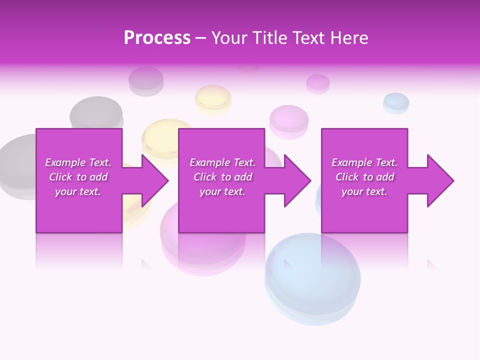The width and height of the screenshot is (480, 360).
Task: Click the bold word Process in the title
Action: tap(157, 38)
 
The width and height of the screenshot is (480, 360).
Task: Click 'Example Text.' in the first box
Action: tap(78, 162)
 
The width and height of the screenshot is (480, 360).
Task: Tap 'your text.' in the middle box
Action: tap(222, 191)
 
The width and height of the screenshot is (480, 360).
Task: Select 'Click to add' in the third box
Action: tap(364, 177)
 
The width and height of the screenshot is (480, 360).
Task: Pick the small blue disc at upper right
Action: tap(396, 102)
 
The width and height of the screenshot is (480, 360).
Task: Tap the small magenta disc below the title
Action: tap(317, 83)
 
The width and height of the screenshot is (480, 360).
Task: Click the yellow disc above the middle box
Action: tap(213, 99)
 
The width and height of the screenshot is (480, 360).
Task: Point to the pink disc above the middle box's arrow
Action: tap(289, 120)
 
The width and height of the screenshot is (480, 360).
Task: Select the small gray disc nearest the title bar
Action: tap(146, 80)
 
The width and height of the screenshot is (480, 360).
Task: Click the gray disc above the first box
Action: tap(96, 112)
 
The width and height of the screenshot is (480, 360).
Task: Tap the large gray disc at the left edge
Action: tap(17, 165)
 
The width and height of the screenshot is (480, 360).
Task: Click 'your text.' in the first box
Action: tap(78, 191)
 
